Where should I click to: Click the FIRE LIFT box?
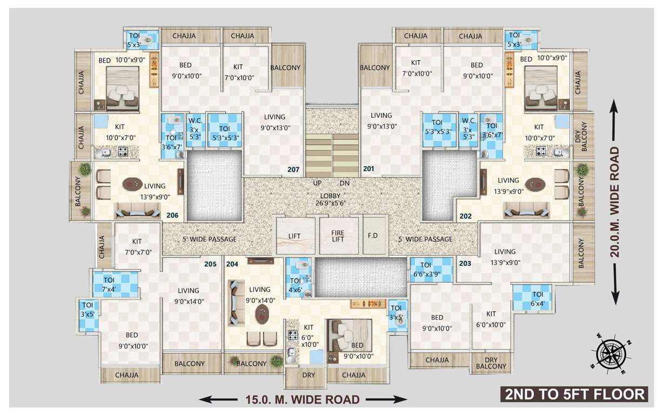(x=338, y=236)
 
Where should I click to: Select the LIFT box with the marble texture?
(x=294, y=236)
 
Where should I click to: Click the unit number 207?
(x=293, y=170)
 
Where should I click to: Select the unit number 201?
(x=368, y=169)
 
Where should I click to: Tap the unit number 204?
(x=232, y=264)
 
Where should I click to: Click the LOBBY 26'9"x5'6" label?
(x=330, y=199)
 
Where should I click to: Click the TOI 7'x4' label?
(x=109, y=284)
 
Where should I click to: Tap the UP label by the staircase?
(x=318, y=183)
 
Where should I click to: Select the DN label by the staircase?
(x=345, y=183)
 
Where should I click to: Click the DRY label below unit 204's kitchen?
(x=308, y=375)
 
